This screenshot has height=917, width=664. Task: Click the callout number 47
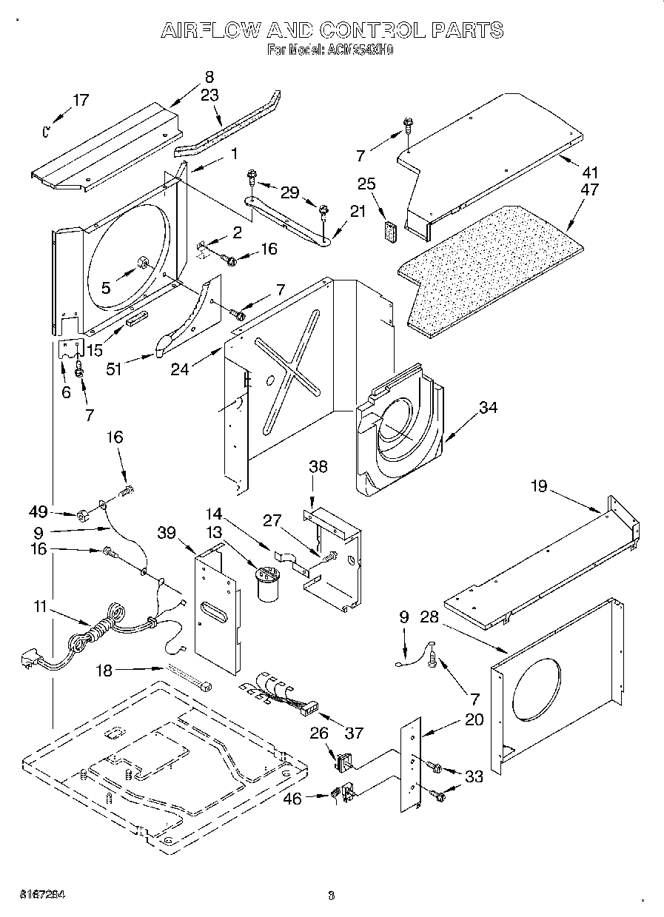(x=589, y=189)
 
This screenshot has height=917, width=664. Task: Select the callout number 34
(x=488, y=407)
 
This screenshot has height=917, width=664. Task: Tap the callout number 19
(x=538, y=486)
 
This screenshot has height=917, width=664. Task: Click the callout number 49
(x=39, y=512)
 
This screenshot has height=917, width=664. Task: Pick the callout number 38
(x=318, y=467)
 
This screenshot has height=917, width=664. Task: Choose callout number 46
(x=293, y=799)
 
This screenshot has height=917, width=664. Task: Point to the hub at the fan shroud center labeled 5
(x=140, y=263)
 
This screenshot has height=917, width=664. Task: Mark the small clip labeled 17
(x=46, y=132)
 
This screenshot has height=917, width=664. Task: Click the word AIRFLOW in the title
(x=210, y=30)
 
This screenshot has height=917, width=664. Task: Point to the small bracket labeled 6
(x=70, y=352)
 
